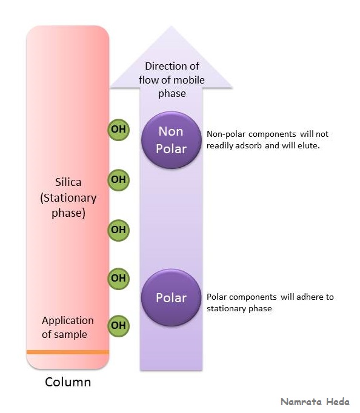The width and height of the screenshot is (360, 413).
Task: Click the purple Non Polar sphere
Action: [x=171, y=140]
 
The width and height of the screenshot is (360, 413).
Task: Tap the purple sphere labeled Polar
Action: [x=171, y=297]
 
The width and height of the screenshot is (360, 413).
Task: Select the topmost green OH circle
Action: [x=118, y=130]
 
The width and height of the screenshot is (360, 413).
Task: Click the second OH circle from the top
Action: [x=118, y=179]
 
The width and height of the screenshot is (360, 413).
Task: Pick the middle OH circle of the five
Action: [x=118, y=230]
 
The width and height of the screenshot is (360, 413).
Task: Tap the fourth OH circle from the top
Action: [x=118, y=278]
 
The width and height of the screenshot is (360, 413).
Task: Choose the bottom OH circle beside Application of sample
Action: [x=118, y=326]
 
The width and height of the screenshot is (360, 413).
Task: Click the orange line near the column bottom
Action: [x=68, y=352]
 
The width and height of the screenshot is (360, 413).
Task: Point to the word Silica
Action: [x=68, y=182]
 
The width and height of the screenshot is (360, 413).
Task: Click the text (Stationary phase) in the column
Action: [x=68, y=205]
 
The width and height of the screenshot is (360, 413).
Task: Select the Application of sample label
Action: [x=67, y=327]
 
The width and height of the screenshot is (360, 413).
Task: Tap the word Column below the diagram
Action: [x=68, y=382]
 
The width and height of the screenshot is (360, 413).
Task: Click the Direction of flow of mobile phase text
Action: [x=172, y=79]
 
